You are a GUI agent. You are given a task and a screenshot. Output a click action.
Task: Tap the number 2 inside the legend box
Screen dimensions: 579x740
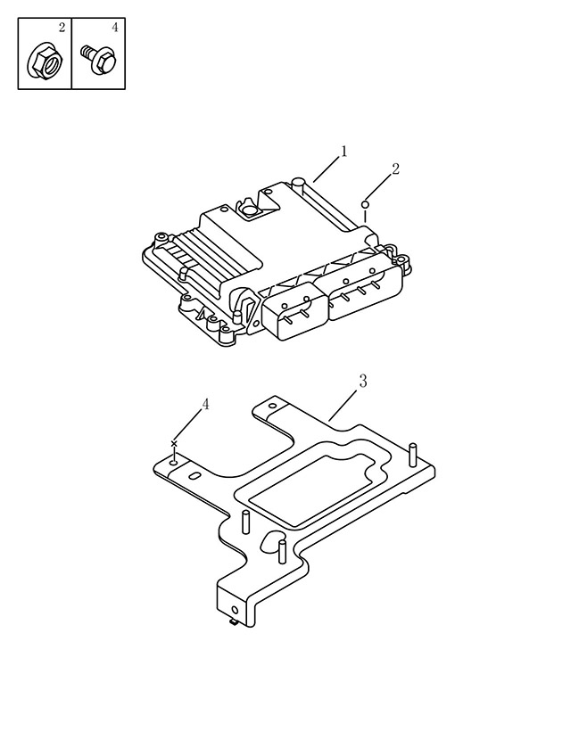[x=62, y=28]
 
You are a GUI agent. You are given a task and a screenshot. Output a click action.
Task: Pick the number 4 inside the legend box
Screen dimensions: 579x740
[x=115, y=28]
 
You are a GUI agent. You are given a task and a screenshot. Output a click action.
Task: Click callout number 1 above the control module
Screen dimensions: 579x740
[x=343, y=152]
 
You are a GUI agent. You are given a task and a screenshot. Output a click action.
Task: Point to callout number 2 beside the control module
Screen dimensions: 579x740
[x=395, y=169]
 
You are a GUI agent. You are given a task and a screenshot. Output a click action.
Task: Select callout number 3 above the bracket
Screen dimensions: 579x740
[x=363, y=382]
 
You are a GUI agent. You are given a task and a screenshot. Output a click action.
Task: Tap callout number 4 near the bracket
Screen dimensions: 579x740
[x=205, y=405]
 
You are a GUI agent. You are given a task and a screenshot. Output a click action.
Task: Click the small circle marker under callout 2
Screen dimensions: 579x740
[x=365, y=204]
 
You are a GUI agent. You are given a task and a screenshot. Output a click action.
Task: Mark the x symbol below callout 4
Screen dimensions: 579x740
[x=174, y=444]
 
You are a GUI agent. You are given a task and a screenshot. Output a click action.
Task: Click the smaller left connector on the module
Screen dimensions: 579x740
[x=294, y=311]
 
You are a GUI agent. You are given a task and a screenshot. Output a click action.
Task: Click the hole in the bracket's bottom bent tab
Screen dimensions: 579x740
[x=236, y=611]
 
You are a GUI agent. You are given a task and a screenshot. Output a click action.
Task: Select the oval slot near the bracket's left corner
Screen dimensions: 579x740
[x=194, y=476]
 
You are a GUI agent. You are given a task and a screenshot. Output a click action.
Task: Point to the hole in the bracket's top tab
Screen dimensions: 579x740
[x=272, y=406]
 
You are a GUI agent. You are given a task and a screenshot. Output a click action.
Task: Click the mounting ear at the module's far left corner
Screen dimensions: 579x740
[x=161, y=237]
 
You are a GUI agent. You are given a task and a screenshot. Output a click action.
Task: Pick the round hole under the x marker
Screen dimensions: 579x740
[x=174, y=465]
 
